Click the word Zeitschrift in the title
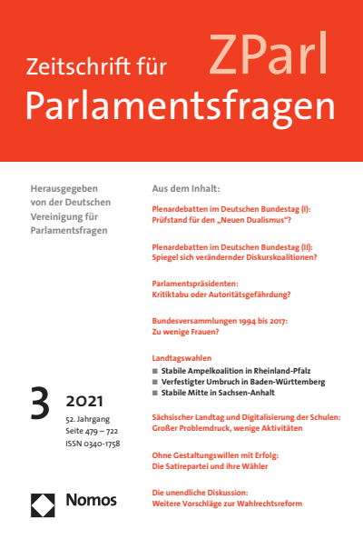pyautogui.click(x=83, y=66)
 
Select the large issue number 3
pyautogui.click(x=40, y=404)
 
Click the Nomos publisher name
pyautogui.click(x=91, y=500)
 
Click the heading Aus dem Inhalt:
pyautogui.click(x=186, y=189)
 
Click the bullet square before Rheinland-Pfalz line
pyautogui.click(x=154, y=372)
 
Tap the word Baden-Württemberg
pyautogui.click(x=270, y=383)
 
